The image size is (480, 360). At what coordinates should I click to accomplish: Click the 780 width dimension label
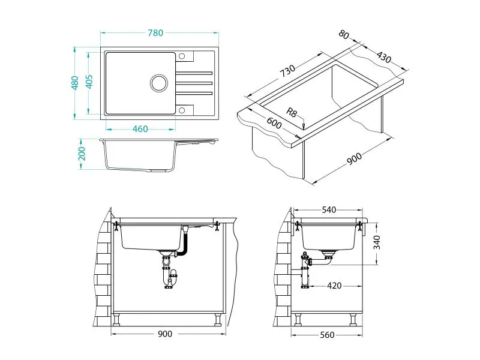[155, 34]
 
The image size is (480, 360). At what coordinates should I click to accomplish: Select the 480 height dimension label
[76, 82]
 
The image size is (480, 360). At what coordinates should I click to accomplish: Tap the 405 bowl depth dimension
[89, 82]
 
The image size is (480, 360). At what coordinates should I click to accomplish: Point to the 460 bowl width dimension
[140, 129]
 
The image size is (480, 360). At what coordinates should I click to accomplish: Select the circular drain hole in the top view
[159, 83]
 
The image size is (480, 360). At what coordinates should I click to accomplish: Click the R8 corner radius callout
[292, 112]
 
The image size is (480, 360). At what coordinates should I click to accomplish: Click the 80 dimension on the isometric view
[344, 34]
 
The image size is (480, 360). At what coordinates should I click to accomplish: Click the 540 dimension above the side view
[329, 210]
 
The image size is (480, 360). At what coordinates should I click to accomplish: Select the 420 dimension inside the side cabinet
[334, 286]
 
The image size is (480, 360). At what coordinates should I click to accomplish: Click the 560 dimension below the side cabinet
[328, 335]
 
